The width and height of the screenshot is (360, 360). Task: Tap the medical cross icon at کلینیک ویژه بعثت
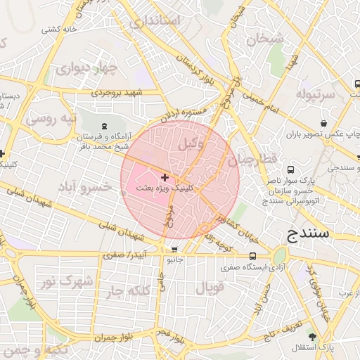pyautogui.click(x=165, y=178)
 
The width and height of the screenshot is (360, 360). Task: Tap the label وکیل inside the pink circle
pyautogui.click(x=191, y=144)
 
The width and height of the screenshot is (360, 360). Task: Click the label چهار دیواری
pyautogui.click(x=83, y=69)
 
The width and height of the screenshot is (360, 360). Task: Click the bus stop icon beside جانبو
pyautogui.click(x=174, y=250)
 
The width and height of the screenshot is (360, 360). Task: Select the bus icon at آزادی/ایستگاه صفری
pyautogui.click(x=252, y=256)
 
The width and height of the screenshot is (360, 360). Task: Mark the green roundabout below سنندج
pyautogui.click(x=280, y=255)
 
